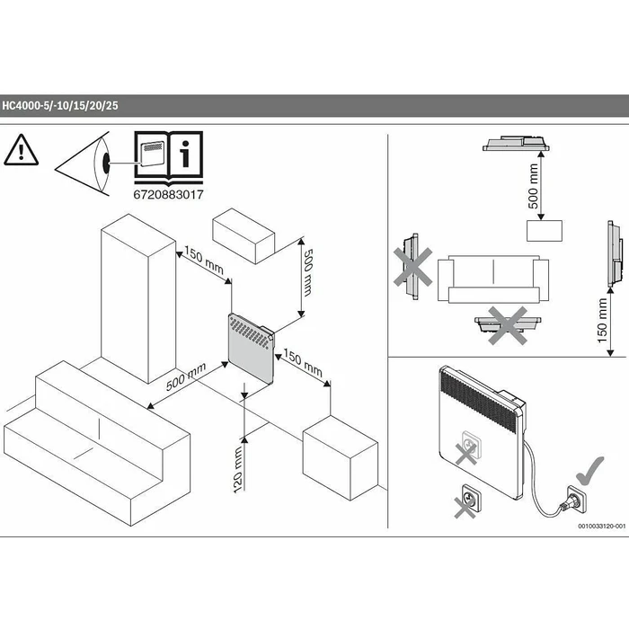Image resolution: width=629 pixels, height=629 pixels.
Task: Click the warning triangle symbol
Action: pyautogui.click(x=22, y=150)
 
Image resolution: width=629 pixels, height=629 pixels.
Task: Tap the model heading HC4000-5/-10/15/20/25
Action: pyautogui.click(x=60, y=106)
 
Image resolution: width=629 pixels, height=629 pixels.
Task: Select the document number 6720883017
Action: pyautogui.click(x=169, y=195)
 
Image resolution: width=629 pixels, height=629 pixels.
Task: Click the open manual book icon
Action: pyautogui.click(x=169, y=157)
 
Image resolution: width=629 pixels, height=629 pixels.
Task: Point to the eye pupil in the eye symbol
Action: pyautogui.click(x=106, y=164)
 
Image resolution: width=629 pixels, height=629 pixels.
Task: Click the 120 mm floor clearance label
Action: pyautogui.click(x=238, y=469)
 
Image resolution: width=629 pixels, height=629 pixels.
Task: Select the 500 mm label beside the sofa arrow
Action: pyautogui.click(x=186, y=377)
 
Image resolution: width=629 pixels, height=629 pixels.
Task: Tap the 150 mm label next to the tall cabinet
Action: pyautogui.click(x=204, y=260)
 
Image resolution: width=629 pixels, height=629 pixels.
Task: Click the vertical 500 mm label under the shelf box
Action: pyautogui.click(x=308, y=272)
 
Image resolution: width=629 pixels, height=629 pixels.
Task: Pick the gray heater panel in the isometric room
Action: pyautogui.click(x=251, y=349)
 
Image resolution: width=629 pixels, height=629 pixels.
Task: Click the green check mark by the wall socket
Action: pyautogui.click(x=589, y=470)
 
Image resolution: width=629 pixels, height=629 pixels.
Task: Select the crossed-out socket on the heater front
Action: pyautogui.click(x=468, y=448)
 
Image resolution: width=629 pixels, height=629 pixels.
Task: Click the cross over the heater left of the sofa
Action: pyautogui.click(x=412, y=267)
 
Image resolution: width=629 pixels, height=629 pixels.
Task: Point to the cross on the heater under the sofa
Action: pyautogui.click(x=508, y=325)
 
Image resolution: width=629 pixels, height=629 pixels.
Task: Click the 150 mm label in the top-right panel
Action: pyautogui.click(x=603, y=320)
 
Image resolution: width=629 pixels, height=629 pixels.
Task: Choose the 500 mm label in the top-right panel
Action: pyautogui.click(x=533, y=186)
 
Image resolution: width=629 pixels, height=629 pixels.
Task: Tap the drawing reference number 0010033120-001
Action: pyautogui.click(x=602, y=526)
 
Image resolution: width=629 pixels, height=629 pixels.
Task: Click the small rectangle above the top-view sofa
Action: pyautogui.click(x=545, y=231)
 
